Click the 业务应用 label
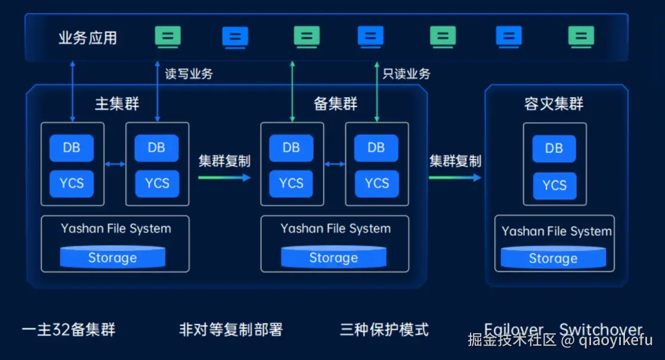(88, 38)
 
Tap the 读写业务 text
(188, 74)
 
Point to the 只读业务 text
(406, 74)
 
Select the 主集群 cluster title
(117, 104)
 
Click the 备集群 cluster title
(336, 104)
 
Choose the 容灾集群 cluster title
(554, 104)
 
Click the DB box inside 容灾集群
(554, 148)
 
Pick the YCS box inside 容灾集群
(554, 185)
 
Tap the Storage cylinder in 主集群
(113, 257)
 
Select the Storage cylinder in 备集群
(333, 257)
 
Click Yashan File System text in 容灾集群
(556, 231)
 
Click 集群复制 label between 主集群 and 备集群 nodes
(224, 161)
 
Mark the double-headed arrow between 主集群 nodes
(115, 164)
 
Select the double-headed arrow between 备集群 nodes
(335, 164)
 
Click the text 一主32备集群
(69, 330)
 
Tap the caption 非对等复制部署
(231, 330)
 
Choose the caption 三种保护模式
(384, 330)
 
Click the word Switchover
(601, 329)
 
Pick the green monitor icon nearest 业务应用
(168, 37)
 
